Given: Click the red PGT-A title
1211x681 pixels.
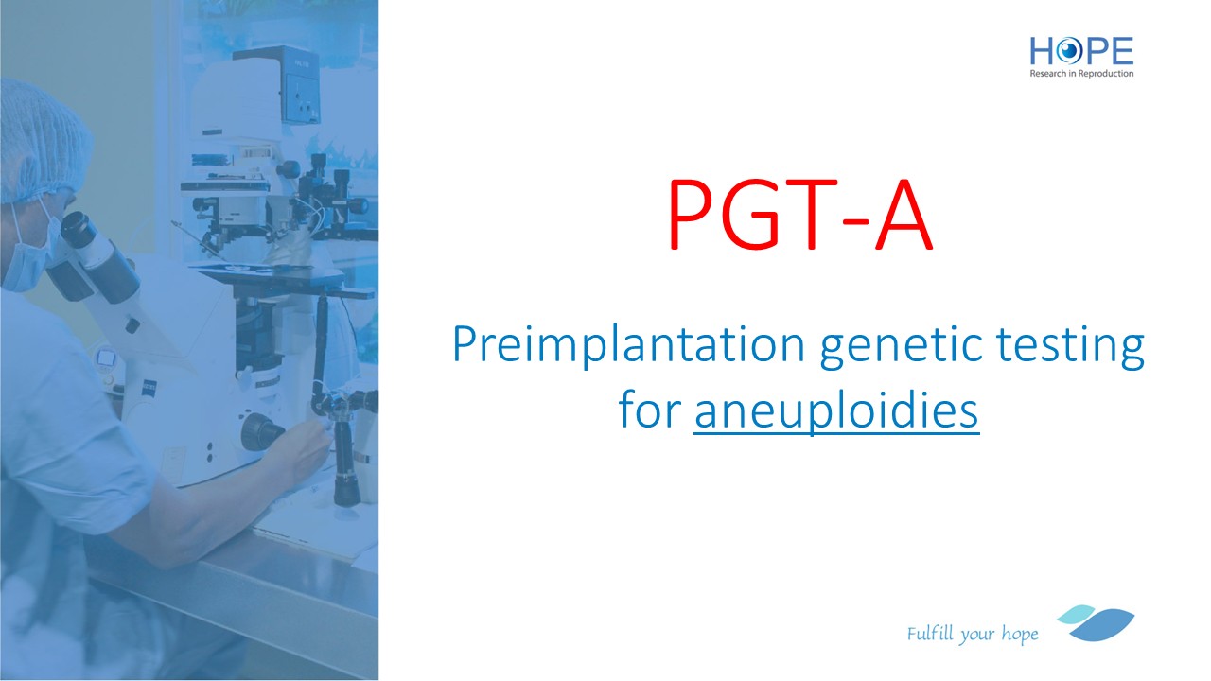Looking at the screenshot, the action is click(x=800, y=215).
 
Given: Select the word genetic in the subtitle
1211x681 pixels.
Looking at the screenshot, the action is click(x=901, y=346).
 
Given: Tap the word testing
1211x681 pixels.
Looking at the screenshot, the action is click(x=1070, y=346).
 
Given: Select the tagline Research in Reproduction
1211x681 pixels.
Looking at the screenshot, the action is click(x=1081, y=74).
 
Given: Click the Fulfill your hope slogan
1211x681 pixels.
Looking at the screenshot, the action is click(x=973, y=634).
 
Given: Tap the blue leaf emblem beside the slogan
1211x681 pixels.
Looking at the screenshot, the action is click(x=1097, y=623).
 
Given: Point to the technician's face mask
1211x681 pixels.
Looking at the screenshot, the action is click(x=29, y=254).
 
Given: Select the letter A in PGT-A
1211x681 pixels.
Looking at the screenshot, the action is click(x=904, y=215).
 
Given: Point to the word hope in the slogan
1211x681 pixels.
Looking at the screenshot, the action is click(x=1020, y=635).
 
